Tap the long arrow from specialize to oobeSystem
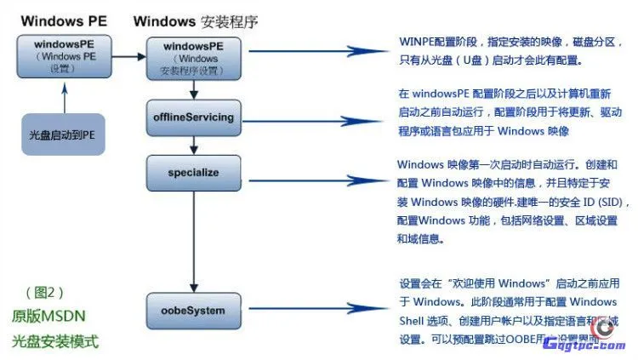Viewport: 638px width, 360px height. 194,243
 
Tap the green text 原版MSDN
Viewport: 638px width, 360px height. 49,316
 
